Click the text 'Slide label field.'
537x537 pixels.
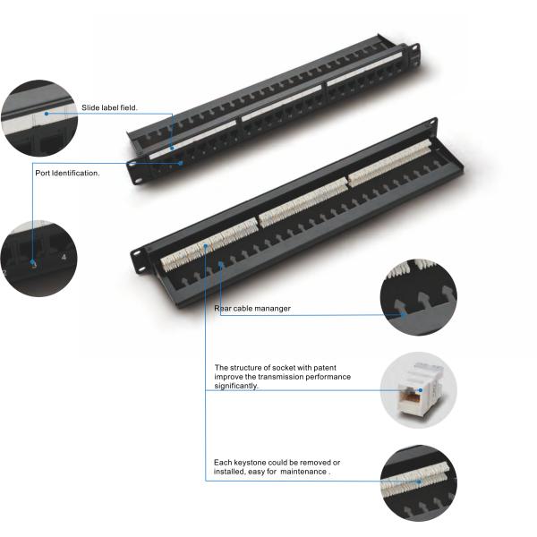click(x=109, y=107)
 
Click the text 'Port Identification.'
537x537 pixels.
click(x=67, y=173)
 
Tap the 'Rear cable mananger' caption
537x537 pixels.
click(x=252, y=308)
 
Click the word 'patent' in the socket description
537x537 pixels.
click(x=325, y=368)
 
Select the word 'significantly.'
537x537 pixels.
click(x=236, y=386)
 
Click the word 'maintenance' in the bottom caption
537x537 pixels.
click(x=303, y=472)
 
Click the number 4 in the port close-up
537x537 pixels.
click(x=64, y=257)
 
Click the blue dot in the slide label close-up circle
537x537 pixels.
click(x=47, y=114)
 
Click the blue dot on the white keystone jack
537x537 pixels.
click(x=421, y=390)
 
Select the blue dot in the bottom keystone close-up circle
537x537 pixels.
click(x=419, y=482)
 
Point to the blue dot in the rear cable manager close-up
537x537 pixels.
click(x=405, y=315)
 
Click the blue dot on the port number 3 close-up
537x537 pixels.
click(x=33, y=262)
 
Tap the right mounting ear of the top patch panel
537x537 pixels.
click(x=415, y=54)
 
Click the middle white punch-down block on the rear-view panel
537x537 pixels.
click(x=303, y=202)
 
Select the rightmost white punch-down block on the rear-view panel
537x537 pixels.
click(x=389, y=163)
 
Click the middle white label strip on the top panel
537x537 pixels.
click(x=282, y=103)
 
